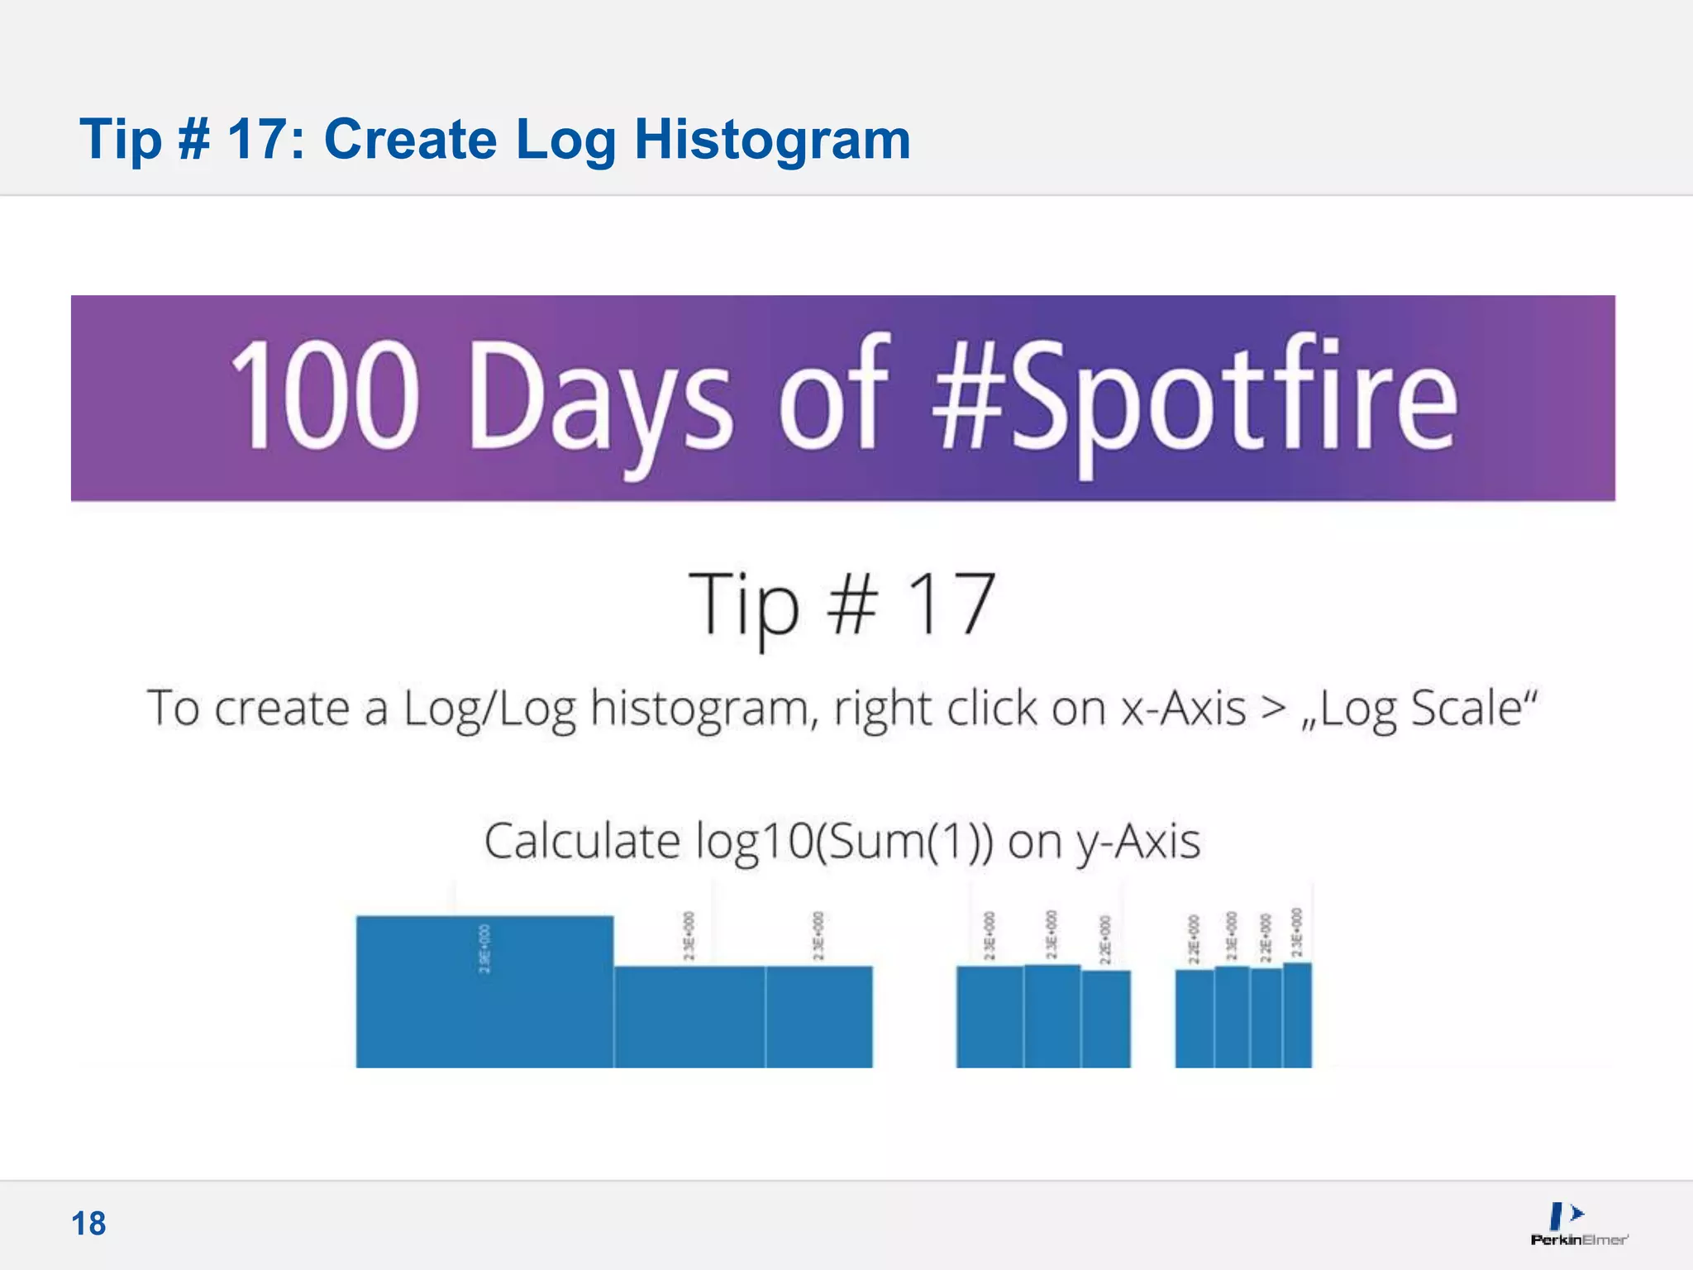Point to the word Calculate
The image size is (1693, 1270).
coord(581,842)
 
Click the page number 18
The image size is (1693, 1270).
coord(88,1224)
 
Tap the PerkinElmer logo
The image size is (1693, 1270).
coord(1578,1225)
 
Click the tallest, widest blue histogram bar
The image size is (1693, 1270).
coord(484,992)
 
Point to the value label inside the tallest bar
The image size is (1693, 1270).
coord(485,948)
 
